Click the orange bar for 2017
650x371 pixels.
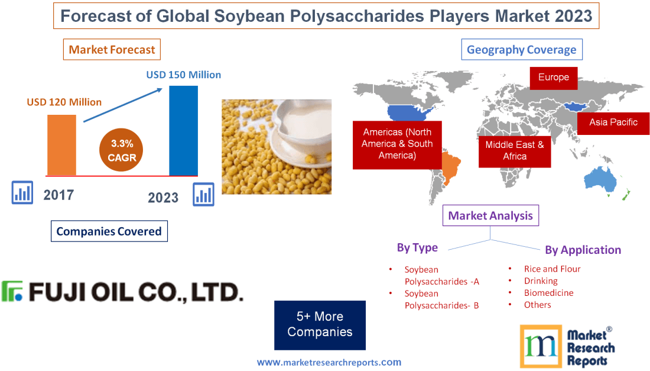point(61,144)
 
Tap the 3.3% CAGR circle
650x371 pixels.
point(121,151)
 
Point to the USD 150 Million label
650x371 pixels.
point(183,75)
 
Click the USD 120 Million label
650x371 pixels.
point(64,102)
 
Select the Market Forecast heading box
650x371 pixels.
point(112,50)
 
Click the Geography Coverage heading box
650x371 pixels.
point(521,50)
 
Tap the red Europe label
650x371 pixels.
point(553,78)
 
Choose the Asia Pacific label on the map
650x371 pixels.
point(613,122)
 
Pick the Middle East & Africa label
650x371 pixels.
point(514,150)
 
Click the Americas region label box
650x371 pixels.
point(396,144)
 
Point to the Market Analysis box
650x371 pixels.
point(490,216)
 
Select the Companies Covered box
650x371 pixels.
point(109,231)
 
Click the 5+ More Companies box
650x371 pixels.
point(320,325)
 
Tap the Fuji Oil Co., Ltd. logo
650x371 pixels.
point(122,292)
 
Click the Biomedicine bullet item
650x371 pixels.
point(548,293)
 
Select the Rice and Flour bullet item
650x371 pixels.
point(552,269)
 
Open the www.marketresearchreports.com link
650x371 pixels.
point(329,362)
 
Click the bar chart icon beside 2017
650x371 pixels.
point(22,192)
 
